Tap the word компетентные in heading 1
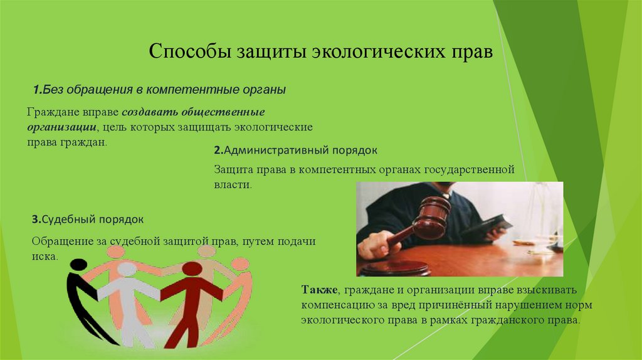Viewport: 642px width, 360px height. coord(194,90)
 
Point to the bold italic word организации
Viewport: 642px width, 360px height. coord(65,127)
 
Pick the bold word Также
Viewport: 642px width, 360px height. coord(320,290)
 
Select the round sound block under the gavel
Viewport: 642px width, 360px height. coord(394,268)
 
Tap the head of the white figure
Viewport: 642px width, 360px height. coord(127,269)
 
